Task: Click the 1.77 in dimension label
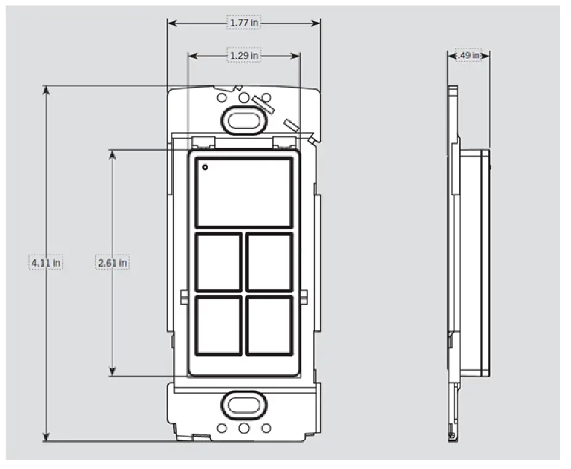244,23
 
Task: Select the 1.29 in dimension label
244,55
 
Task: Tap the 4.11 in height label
46,263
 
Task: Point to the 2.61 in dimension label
113,263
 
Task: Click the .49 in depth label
468,55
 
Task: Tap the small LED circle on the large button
205,166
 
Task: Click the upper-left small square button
218,262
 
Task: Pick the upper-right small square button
269,262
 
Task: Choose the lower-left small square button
218,326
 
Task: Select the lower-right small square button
269,326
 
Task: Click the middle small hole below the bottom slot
244,428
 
